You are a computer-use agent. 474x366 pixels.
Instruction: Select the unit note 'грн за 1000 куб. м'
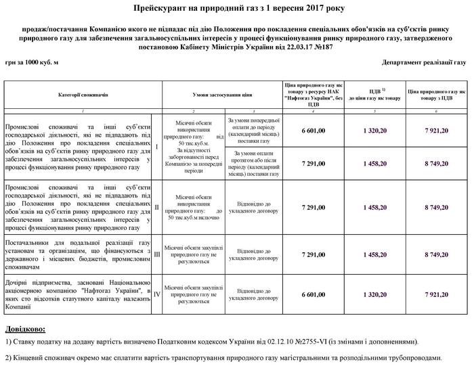coord(33,62)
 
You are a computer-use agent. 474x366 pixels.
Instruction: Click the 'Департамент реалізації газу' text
coord(424,62)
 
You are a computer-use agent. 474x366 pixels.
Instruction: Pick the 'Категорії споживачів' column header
coord(83,95)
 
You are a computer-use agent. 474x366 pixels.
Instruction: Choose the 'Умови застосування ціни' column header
coord(221,95)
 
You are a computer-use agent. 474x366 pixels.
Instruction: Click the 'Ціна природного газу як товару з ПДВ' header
coord(437,95)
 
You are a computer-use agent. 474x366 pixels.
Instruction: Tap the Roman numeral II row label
coord(157,206)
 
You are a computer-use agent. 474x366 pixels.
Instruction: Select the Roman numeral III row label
coord(157,254)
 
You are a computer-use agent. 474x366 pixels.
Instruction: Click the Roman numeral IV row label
coord(157,294)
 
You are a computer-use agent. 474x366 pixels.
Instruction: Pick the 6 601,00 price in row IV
coord(312,294)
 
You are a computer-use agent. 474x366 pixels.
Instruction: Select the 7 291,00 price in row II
coord(312,206)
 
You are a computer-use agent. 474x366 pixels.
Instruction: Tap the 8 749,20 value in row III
coord(437,254)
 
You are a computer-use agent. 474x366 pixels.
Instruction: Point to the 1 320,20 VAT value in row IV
coord(374,294)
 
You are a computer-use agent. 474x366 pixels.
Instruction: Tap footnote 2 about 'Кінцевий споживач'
coord(223,357)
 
